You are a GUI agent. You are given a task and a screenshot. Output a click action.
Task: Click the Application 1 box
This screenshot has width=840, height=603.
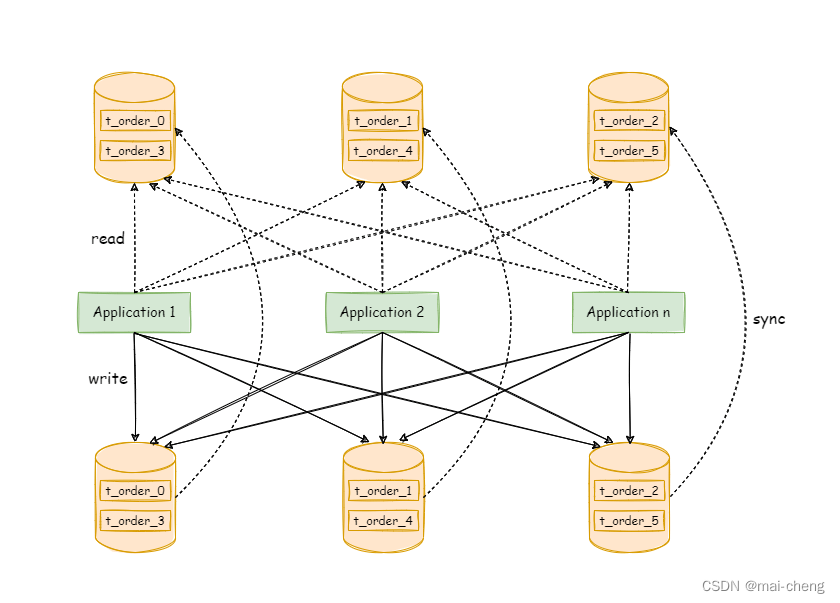click(x=134, y=312)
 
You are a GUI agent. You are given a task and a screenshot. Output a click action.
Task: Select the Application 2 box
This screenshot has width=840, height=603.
click(x=382, y=312)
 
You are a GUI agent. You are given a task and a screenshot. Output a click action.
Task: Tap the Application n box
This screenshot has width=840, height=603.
click(x=628, y=312)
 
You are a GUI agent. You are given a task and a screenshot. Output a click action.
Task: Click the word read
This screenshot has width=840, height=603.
click(x=108, y=239)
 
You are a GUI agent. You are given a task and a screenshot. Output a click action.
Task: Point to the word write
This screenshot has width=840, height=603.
click(x=108, y=379)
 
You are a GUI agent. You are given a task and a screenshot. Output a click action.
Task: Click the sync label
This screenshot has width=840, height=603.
click(x=770, y=319)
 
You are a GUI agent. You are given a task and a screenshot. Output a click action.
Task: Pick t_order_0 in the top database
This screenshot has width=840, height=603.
click(x=136, y=121)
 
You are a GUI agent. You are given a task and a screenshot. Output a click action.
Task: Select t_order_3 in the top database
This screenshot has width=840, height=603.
click(x=136, y=151)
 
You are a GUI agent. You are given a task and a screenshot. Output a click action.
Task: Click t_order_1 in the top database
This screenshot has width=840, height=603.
click(x=383, y=121)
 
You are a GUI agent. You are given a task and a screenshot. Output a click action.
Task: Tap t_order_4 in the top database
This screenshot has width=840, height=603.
click(x=383, y=151)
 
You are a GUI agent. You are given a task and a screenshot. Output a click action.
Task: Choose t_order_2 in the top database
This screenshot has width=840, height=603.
click(x=629, y=121)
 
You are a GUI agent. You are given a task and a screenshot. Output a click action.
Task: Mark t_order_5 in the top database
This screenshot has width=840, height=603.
click(x=629, y=151)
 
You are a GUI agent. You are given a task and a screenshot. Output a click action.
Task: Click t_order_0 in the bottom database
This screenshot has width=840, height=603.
click(x=136, y=491)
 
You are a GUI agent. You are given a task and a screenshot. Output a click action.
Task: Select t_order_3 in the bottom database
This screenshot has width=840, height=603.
click(x=136, y=521)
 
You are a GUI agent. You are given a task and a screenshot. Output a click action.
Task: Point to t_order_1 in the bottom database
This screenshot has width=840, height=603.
click(x=383, y=491)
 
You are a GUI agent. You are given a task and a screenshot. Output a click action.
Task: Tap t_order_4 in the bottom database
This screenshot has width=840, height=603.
click(x=383, y=521)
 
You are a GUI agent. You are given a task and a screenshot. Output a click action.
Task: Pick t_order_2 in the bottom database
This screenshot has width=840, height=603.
click(x=629, y=491)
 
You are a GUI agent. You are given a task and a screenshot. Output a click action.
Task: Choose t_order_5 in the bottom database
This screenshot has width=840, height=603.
click(x=629, y=521)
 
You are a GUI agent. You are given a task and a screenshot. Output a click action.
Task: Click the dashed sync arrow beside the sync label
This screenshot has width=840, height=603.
click(x=745, y=300)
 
